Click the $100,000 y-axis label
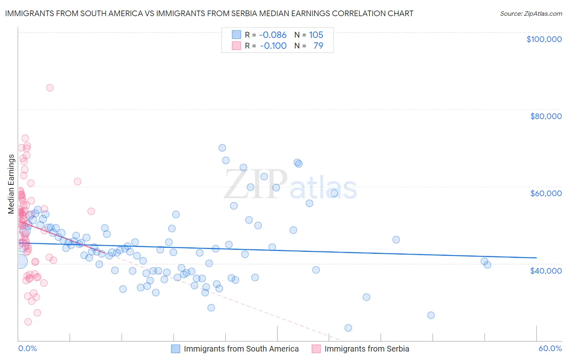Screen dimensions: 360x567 pyautogui.click(x=544, y=39)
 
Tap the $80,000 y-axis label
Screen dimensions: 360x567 pyautogui.click(x=546, y=116)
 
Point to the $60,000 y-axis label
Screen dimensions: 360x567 pyautogui.click(x=546, y=193)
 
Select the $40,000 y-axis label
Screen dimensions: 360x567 pyautogui.click(x=546, y=270)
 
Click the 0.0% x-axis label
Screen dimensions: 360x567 pyautogui.click(x=27, y=348)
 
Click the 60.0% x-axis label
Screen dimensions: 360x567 pyautogui.click(x=550, y=348)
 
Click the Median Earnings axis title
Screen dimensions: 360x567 pyautogui.click(x=11, y=184)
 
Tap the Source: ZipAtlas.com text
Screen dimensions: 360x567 pyautogui.click(x=531, y=14)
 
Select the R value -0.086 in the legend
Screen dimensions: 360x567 pyautogui.click(x=273, y=35)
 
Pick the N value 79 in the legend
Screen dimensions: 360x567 pyautogui.click(x=318, y=46)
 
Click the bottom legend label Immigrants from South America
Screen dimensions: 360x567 pyautogui.click(x=241, y=349)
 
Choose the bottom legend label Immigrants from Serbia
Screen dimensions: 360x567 pyautogui.click(x=367, y=349)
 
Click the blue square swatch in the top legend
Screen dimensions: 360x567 pyautogui.click(x=236, y=35)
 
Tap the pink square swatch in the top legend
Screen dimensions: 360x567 pyautogui.click(x=236, y=46)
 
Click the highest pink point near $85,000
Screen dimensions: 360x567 pyautogui.click(x=50, y=88)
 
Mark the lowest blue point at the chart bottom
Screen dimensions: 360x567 pyautogui.click(x=348, y=328)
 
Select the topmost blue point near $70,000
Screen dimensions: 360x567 pyautogui.click(x=222, y=148)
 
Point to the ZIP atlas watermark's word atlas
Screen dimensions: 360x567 pyautogui.click(x=324, y=188)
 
